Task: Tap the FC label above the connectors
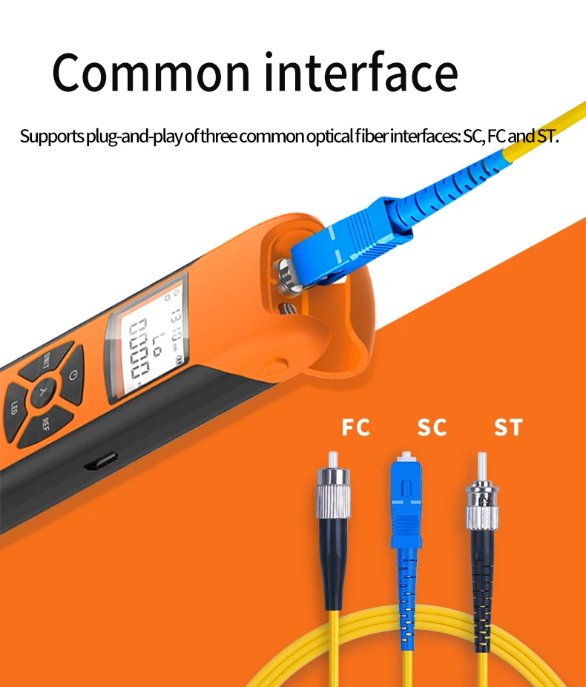[x=355, y=427]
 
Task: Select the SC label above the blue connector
[x=432, y=427]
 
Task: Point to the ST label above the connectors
[x=508, y=427]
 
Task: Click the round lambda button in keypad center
[x=43, y=391]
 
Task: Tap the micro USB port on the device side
[x=101, y=461]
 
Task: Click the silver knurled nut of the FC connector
[x=334, y=493]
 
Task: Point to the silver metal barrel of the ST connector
[x=481, y=506]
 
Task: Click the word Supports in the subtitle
[x=52, y=137]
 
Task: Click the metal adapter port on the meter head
[x=286, y=277]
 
